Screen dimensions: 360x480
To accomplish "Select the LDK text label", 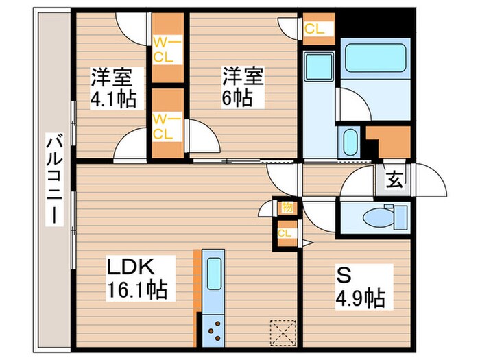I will pyautogui.click(x=132, y=266).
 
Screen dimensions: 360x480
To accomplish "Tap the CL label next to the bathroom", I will pyautogui.click(x=315, y=29).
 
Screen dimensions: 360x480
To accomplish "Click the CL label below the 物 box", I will pyautogui.click(x=284, y=233).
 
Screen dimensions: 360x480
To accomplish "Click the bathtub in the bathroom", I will pyautogui.click(x=374, y=58).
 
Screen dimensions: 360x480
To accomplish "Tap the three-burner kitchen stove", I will pyautogui.click(x=214, y=328).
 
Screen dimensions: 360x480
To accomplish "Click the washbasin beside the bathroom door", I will pyautogui.click(x=349, y=142).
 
